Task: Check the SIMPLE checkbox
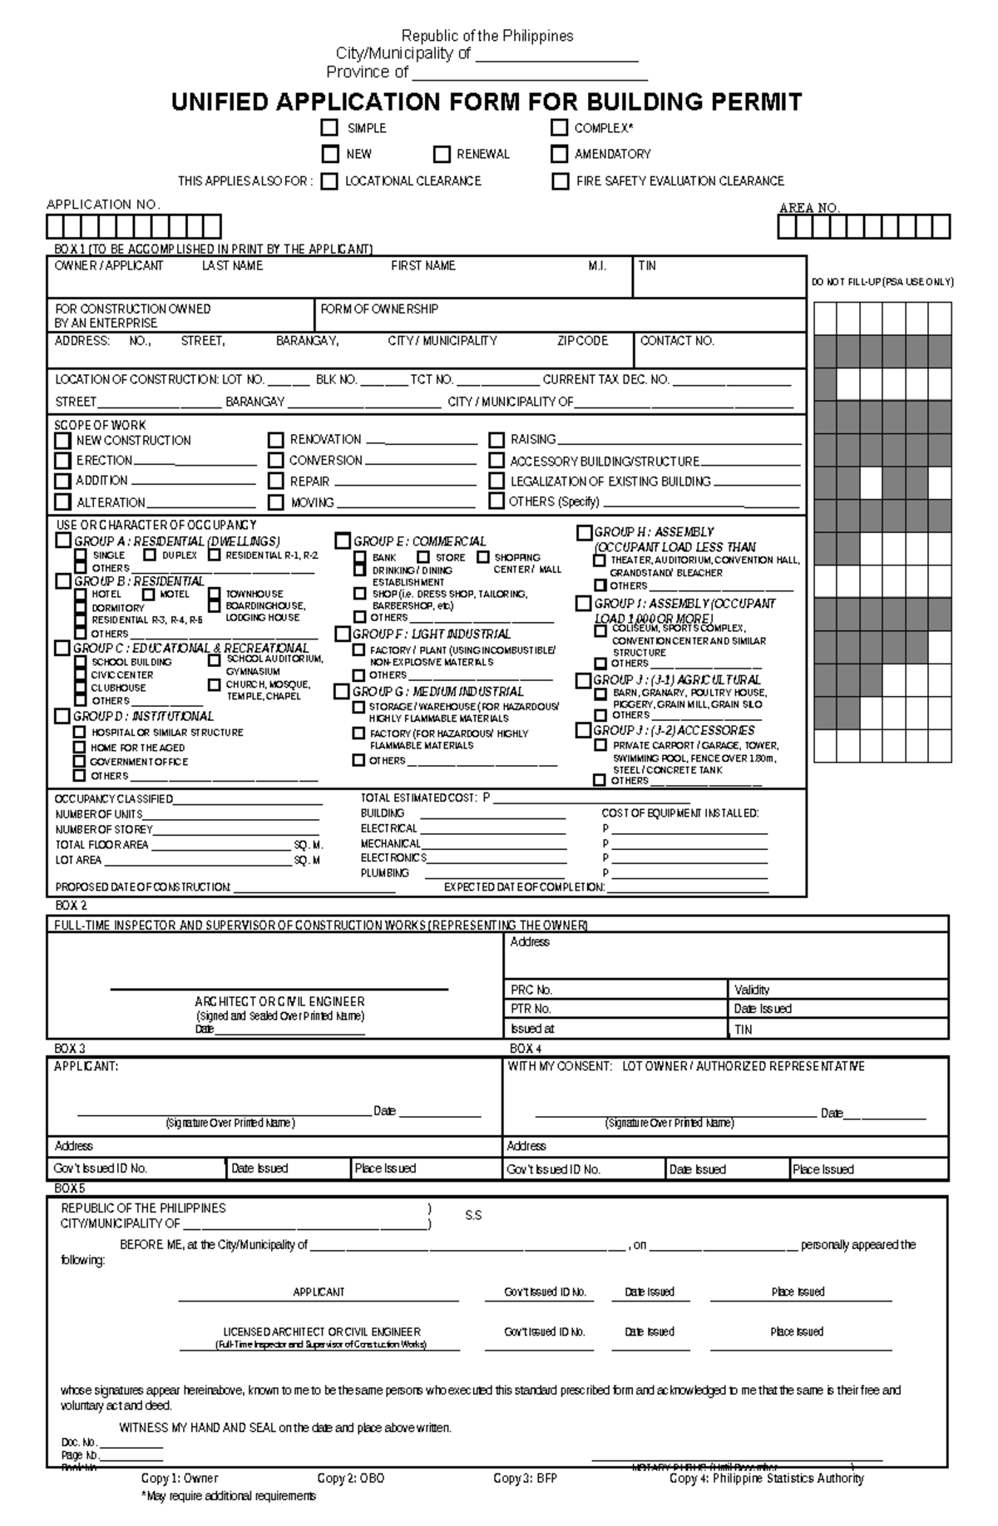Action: (x=330, y=127)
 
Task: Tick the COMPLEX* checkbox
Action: (x=559, y=127)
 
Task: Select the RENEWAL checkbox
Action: (x=442, y=154)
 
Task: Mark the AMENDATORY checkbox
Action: (x=559, y=154)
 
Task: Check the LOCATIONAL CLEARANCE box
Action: (x=329, y=181)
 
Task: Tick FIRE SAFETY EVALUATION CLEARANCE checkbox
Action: (x=561, y=181)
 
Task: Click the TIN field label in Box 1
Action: (x=647, y=266)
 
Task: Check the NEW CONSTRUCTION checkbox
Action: (x=62, y=440)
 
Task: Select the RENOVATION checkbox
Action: (x=276, y=439)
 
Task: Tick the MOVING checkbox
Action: (x=276, y=502)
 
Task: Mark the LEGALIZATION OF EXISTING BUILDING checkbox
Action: (x=497, y=481)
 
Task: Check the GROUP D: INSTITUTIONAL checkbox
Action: (x=62, y=715)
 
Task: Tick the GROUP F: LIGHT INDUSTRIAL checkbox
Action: (x=342, y=634)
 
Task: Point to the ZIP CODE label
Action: (x=582, y=341)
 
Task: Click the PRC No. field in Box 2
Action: (x=615, y=990)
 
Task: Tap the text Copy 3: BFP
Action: (x=525, y=1478)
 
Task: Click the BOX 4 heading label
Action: (x=526, y=1049)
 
